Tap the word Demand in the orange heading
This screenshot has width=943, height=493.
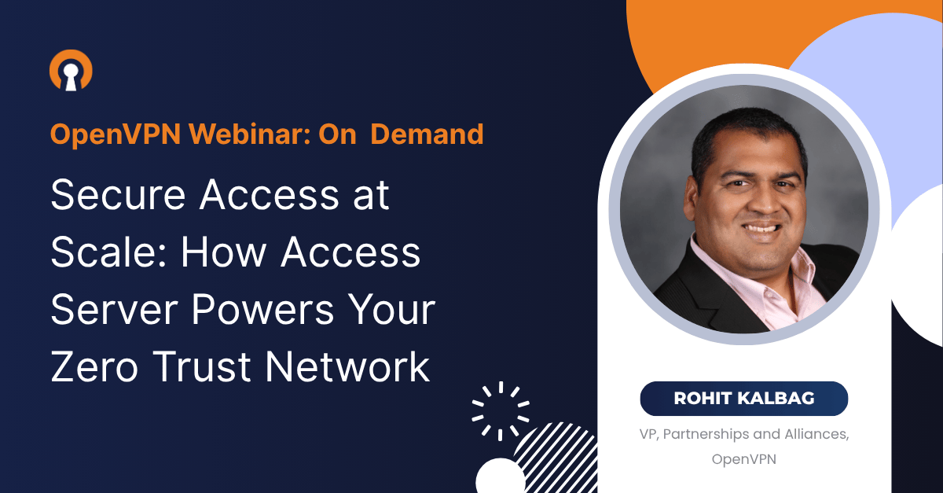coord(427,134)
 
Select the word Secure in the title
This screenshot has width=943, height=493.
coord(118,195)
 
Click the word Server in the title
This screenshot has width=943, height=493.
coord(114,310)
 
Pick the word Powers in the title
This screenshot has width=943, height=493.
coord(263,310)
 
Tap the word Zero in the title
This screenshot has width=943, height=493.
coord(94,367)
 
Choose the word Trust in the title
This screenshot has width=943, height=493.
coord(202,367)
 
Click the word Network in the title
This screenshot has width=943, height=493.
coord(347,366)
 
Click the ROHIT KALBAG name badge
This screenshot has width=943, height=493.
coord(744,399)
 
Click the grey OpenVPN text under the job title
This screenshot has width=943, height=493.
coord(744,459)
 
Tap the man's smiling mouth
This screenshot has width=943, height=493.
coord(763,228)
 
